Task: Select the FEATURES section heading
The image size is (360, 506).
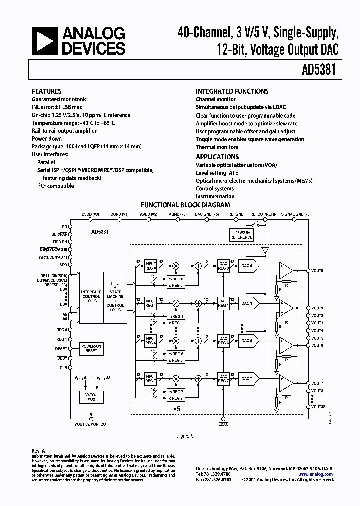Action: click(x=47, y=92)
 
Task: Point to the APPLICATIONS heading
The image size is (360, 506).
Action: click(x=217, y=157)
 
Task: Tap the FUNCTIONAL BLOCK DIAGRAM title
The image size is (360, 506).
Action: click(x=185, y=205)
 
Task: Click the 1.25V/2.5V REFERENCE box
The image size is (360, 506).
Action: click(x=241, y=235)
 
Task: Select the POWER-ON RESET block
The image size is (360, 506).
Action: click(x=92, y=348)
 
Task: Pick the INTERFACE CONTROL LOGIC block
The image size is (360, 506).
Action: click(x=91, y=295)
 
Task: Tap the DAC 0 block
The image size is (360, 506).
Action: click(x=248, y=266)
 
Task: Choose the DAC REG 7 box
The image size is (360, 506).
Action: click(x=223, y=379)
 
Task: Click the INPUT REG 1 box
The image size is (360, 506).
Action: click(x=151, y=303)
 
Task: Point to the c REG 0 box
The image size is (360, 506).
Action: click(x=176, y=285)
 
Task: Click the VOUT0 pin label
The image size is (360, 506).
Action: click(x=318, y=270)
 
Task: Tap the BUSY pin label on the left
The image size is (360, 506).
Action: click(x=62, y=358)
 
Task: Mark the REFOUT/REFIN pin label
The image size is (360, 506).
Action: click(x=263, y=214)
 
